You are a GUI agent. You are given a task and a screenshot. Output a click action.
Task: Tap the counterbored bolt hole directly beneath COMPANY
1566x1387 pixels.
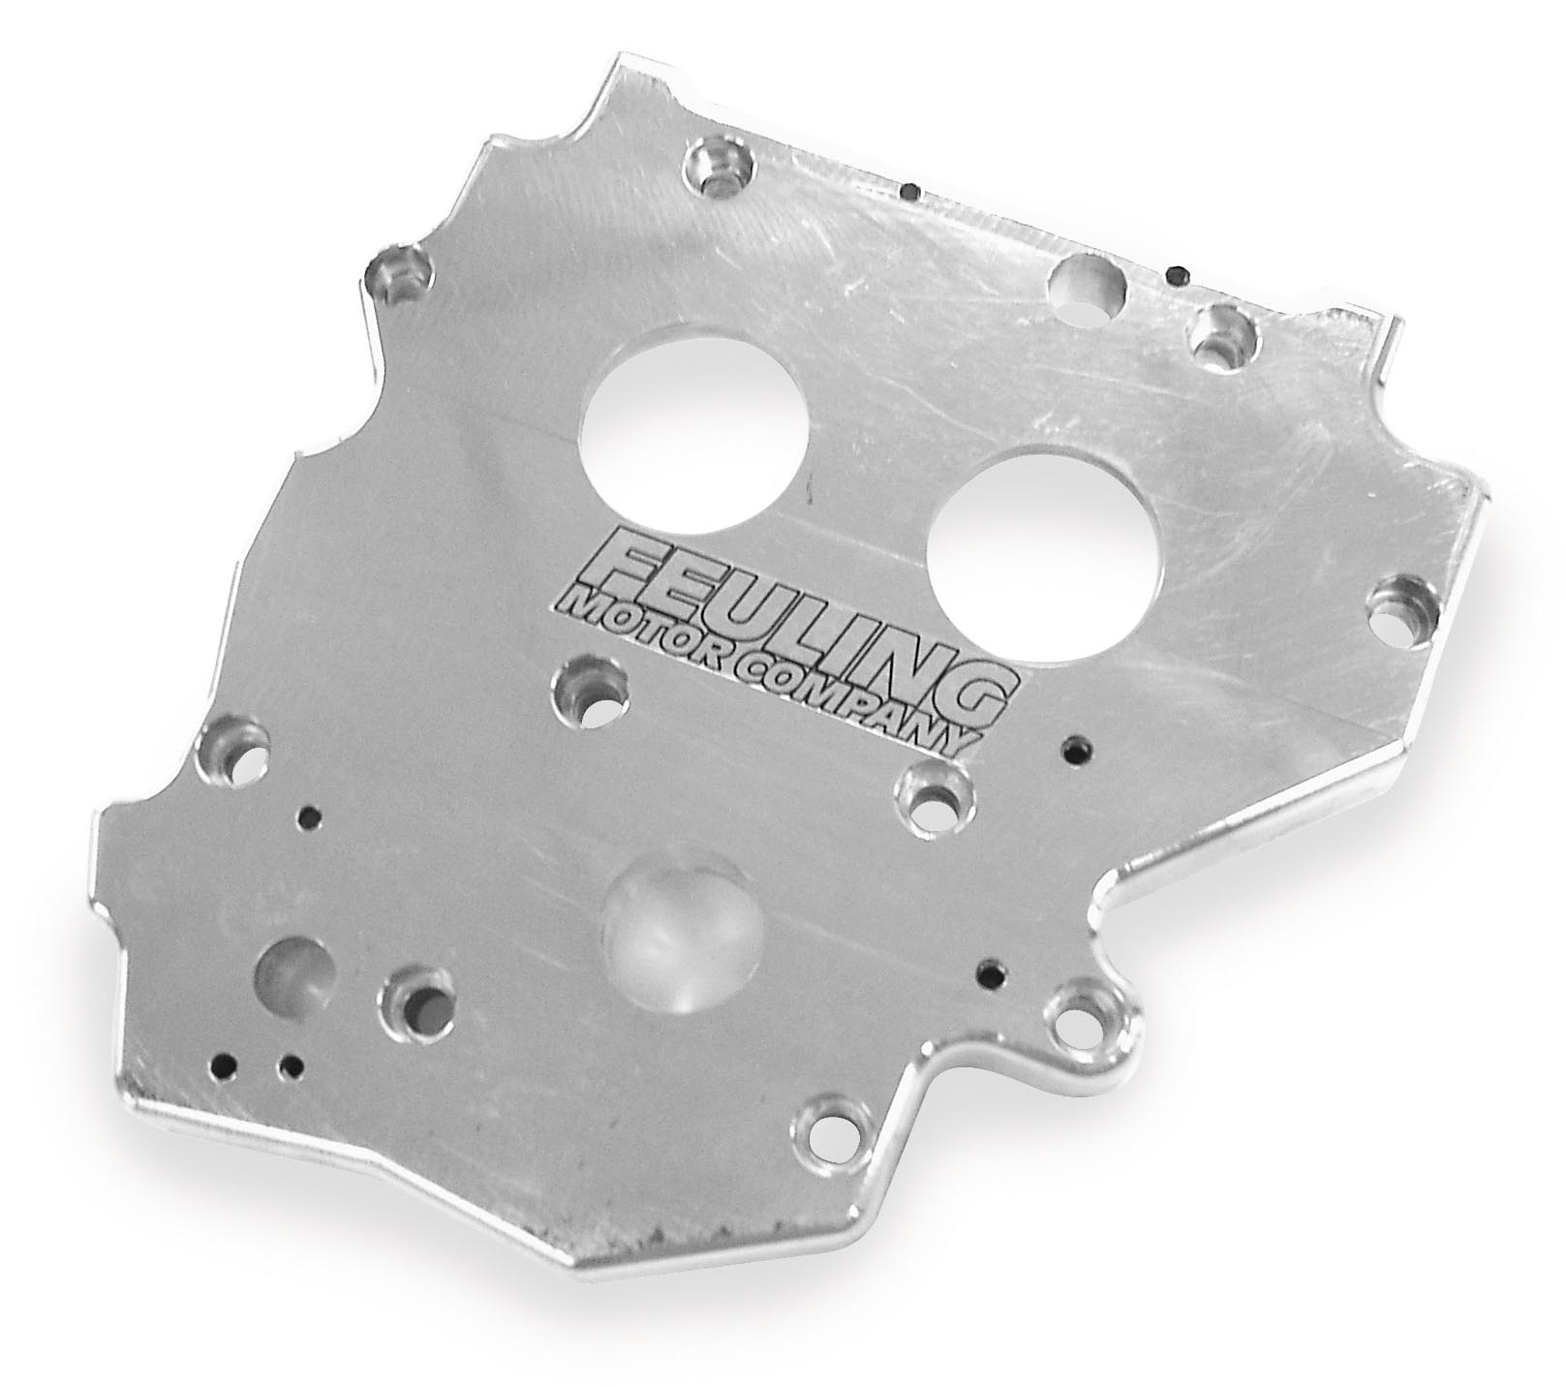933,798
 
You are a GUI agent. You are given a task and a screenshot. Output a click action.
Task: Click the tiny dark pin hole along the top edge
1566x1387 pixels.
908,192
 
